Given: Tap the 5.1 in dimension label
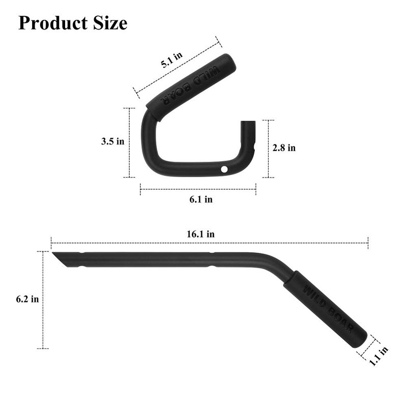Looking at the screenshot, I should click(171, 60).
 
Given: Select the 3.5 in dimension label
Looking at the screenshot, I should click(112, 141).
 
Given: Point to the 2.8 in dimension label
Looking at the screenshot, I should click(284, 148).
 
